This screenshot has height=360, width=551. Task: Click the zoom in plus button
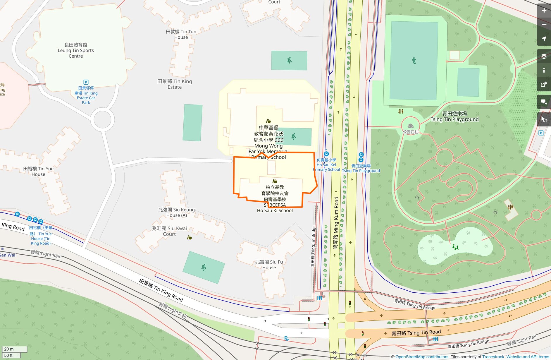point(544,11)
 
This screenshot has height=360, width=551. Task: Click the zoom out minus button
point(544,25)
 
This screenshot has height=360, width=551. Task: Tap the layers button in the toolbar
point(544,56)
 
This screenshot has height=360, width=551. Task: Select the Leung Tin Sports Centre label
point(76,50)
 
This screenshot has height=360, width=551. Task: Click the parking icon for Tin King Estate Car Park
point(86,82)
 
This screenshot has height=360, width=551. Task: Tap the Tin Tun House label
point(181,34)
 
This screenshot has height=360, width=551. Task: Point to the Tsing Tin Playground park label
point(454,116)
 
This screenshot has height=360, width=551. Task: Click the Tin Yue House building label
point(38,172)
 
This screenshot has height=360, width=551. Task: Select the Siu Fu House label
point(269,265)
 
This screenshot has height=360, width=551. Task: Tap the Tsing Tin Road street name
point(416,333)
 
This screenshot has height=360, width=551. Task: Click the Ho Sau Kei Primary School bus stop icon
point(327,154)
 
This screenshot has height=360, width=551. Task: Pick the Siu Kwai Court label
point(169,231)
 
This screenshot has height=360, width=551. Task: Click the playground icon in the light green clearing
point(455,247)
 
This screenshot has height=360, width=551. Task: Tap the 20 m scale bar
point(14,349)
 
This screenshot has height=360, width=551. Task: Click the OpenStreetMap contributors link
point(422,357)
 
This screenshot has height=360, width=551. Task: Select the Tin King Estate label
point(175,84)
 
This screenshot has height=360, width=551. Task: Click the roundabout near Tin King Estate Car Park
point(102,119)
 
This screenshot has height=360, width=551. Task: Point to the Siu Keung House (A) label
point(176,212)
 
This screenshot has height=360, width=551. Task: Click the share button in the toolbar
point(544,85)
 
